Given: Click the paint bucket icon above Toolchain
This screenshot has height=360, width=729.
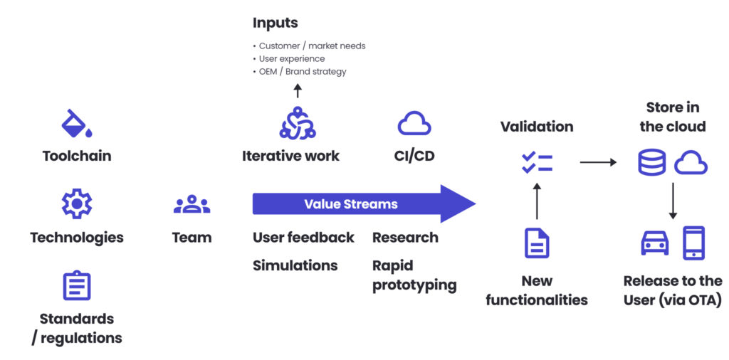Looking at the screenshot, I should tap(76, 123).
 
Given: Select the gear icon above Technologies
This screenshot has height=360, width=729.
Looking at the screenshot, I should tap(76, 204).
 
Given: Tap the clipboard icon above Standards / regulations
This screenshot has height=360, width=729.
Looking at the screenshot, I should tap(76, 286).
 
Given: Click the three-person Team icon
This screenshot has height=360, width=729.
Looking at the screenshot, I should tap(192, 205).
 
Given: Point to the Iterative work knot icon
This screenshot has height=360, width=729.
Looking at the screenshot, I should tap(297, 123).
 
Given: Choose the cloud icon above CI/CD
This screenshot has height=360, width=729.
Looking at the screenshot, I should tap(414, 124).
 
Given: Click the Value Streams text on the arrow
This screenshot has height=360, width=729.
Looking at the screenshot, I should tap(350, 204).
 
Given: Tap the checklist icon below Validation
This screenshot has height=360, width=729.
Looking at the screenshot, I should tap(536, 162).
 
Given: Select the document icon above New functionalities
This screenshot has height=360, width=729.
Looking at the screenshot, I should tap(537, 243).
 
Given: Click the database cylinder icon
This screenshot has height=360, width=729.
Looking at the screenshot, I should tap(651, 163).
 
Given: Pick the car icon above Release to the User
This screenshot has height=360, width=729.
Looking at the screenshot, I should tap(655, 243).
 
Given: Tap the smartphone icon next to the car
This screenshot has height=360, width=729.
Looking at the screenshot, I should tap(693, 243).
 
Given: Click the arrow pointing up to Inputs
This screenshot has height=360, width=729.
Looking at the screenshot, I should tap(298, 90).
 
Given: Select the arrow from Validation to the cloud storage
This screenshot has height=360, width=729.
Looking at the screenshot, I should tap(598, 162).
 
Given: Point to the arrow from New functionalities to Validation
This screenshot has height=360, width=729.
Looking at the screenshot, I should tap(537, 201).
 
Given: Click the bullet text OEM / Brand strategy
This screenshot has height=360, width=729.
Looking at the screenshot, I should tap(303, 72).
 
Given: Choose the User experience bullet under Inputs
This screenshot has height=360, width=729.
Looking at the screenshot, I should tap(292, 59).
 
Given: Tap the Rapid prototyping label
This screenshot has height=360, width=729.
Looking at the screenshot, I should tap(414, 275).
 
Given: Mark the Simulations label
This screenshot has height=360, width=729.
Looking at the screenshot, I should tap(295, 265).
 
